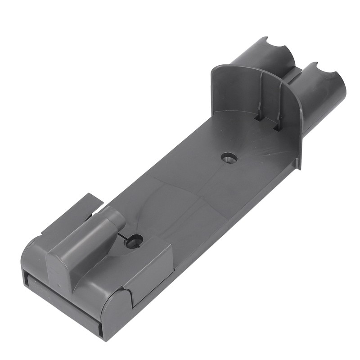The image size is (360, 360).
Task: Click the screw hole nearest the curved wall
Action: [229, 157]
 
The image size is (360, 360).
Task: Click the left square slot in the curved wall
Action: [259, 117]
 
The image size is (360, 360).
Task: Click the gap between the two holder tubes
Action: [292, 74]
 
